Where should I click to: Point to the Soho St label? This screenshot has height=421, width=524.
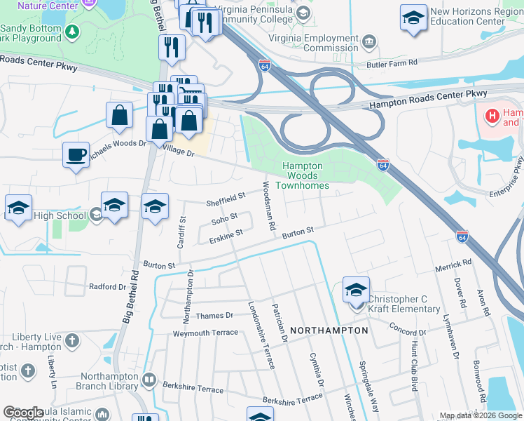225,222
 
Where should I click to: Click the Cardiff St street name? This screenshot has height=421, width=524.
181,229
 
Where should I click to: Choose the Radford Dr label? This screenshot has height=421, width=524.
107,286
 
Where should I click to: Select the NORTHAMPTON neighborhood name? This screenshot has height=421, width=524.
329,330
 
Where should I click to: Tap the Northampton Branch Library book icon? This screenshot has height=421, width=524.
149,380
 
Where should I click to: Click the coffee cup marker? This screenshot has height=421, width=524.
76,155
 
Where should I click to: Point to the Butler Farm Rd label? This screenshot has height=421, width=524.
392,65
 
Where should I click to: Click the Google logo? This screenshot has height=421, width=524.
23,413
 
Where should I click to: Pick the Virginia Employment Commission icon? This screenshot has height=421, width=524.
370,44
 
